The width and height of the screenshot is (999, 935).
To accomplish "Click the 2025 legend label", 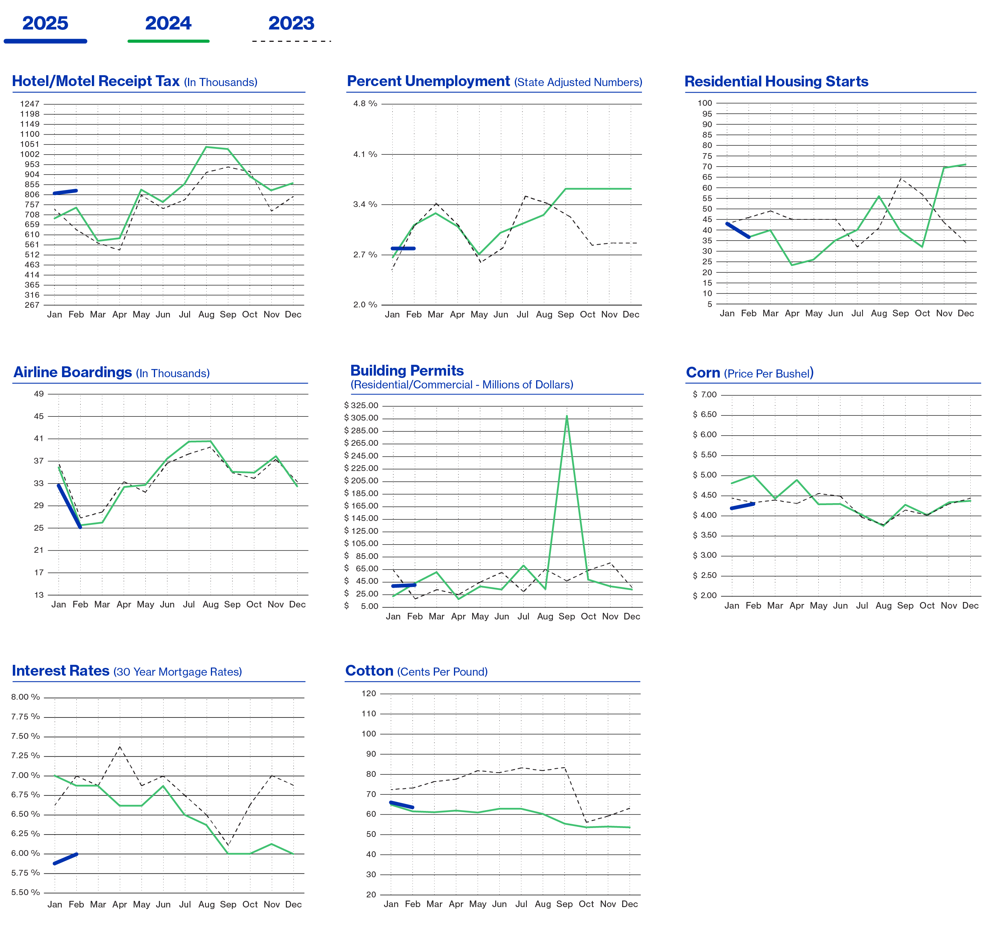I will coord(45,24).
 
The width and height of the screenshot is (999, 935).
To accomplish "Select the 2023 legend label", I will coord(291,24).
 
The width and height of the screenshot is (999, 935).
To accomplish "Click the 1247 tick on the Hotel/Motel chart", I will coord(29,104).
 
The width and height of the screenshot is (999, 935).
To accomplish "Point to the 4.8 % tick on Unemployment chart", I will coord(365,104).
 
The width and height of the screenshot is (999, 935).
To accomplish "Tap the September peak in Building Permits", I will coord(566,416).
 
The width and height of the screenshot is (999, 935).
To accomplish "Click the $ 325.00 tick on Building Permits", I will coord(361,405).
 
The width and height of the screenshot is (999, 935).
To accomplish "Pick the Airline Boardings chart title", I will coord(72,372).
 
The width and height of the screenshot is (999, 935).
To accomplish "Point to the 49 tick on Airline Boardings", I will coord(39,394).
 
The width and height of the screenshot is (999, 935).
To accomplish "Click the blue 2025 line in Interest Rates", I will coord(66,858).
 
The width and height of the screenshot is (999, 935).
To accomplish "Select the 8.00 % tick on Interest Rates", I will coord(26,697).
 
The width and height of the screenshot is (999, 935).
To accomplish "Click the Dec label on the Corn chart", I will coord(970,606).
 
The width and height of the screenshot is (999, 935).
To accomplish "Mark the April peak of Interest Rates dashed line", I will coord(120,747).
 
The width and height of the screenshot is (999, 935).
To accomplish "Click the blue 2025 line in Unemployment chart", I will coord(403,248).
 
